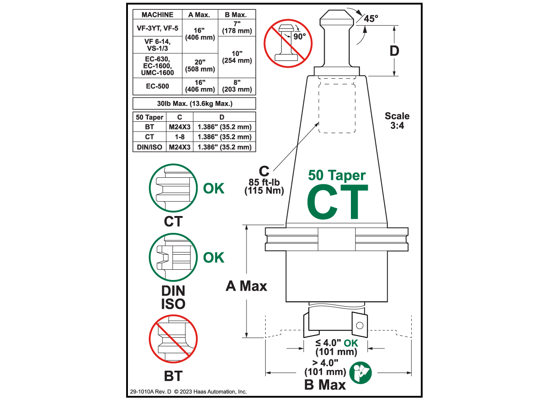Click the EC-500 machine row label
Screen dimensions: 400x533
tap(159, 86)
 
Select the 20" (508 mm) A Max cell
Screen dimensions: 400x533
tap(200, 65)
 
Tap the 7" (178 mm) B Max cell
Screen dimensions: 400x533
tap(237, 28)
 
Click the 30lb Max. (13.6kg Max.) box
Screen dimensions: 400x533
tap(195, 104)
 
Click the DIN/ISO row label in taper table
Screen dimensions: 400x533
tap(149, 147)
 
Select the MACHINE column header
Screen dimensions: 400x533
tap(157, 15)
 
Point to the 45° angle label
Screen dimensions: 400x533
tap(371, 19)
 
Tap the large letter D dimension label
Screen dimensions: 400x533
tap(394, 51)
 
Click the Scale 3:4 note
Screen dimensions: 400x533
tap(397, 120)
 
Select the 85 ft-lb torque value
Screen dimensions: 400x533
tap(264, 182)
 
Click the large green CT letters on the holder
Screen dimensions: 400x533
tap(338, 202)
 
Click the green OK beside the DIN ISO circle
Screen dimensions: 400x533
tap(214, 258)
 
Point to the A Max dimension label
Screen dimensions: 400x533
tap(247, 286)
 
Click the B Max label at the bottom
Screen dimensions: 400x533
tap(325, 385)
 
